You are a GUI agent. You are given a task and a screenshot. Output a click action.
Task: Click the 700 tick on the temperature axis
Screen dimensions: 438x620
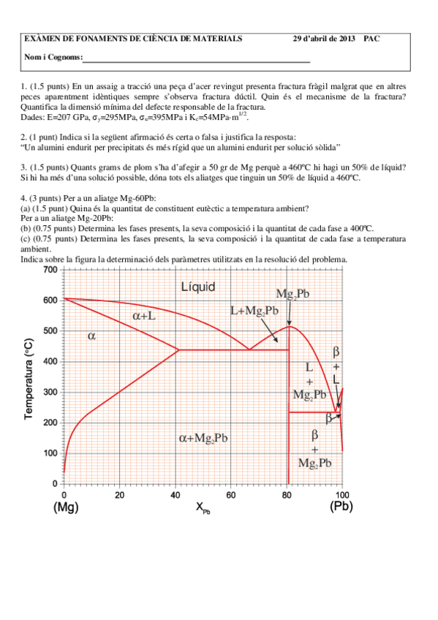[x=49, y=270]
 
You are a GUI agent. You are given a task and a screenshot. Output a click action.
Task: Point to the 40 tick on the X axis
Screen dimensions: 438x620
[x=175, y=494]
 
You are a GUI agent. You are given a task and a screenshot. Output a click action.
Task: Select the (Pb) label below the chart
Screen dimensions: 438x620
[x=342, y=506]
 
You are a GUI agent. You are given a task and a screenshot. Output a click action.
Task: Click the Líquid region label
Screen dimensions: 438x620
[x=197, y=287]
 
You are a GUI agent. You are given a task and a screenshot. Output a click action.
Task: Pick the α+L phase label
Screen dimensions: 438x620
[x=143, y=316]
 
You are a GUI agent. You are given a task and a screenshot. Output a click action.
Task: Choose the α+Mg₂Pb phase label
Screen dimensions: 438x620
[x=203, y=438]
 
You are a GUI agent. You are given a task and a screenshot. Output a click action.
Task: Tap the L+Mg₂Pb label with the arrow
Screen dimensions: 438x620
[x=254, y=310]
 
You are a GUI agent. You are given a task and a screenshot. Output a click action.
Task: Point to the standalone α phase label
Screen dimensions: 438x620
[x=92, y=336]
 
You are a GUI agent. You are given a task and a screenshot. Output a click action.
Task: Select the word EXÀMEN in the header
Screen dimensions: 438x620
[x=44, y=39]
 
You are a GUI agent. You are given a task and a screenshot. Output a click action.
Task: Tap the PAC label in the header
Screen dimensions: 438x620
[x=371, y=39]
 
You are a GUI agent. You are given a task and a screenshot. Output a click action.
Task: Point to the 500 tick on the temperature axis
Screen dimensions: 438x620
[x=49, y=331]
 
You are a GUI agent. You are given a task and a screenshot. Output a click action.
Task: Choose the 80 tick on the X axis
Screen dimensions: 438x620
[x=287, y=494]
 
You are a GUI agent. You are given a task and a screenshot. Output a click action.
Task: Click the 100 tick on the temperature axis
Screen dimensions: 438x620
[x=49, y=453]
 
